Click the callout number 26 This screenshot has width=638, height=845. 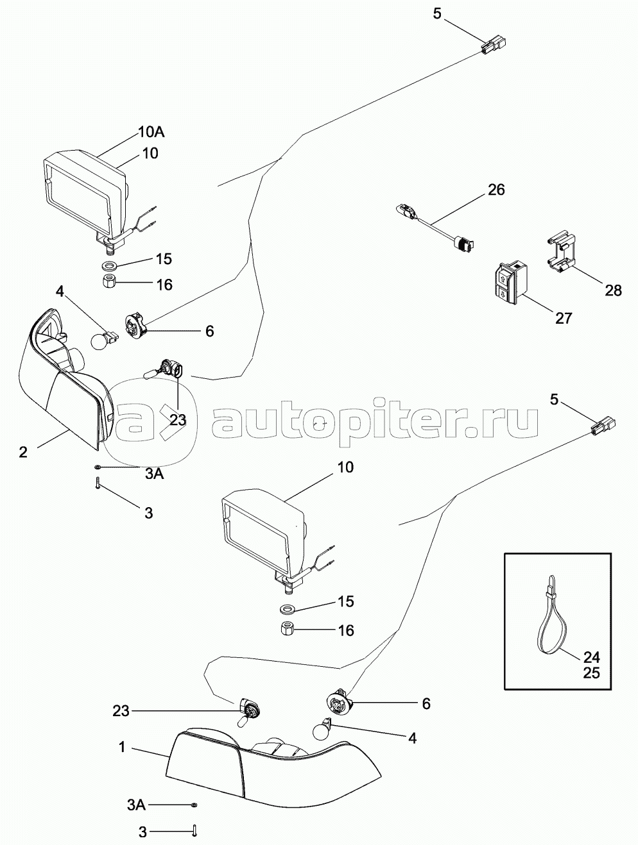[496, 190]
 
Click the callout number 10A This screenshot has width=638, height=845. [151, 133]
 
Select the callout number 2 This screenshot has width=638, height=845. [23, 452]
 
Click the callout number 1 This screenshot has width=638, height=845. [121, 747]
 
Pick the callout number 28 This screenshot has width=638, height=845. [613, 290]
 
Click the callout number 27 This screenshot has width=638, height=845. [563, 317]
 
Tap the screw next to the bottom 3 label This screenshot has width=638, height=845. [194, 832]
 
